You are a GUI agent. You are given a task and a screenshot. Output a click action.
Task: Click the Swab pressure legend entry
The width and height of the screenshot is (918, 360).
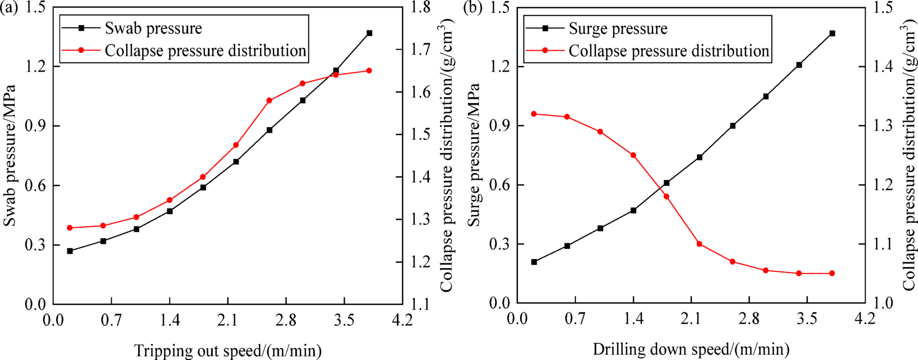(x=153, y=28)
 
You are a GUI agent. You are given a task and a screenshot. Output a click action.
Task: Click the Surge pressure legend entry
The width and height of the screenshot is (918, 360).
(x=618, y=28)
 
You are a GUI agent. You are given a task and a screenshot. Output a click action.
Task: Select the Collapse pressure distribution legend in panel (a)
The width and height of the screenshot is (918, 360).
(x=205, y=51)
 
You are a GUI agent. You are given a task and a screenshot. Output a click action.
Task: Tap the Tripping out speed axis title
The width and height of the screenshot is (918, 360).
(x=228, y=350)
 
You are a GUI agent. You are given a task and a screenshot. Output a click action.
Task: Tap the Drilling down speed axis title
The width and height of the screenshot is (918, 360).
(x=691, y=350)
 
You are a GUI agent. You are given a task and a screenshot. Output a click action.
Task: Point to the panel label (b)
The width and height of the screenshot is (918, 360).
(x=473, y=8)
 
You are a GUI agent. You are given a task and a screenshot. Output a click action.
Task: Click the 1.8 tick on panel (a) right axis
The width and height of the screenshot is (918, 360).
(x=419, y=7)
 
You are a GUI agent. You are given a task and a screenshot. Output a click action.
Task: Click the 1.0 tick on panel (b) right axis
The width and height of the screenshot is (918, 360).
(x=882, y=303)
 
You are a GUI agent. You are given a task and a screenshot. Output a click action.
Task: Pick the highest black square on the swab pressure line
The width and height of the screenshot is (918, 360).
(x=369, y=33)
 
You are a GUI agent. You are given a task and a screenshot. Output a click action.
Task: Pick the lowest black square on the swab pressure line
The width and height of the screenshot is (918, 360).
(x=70, y=251)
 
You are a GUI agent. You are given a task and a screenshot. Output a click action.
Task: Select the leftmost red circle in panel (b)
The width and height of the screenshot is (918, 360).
(x=534, y=114)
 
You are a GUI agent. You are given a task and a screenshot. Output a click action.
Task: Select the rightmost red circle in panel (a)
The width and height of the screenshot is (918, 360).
(x=369, y=71)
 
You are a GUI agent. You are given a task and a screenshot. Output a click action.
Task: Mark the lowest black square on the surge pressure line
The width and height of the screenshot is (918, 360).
(x=534, y=262)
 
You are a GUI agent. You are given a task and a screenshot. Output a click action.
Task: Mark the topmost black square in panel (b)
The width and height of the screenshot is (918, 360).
(x=832, y=34)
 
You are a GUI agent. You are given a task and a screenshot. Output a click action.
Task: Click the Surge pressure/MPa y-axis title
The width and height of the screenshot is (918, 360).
(x=473, y=155)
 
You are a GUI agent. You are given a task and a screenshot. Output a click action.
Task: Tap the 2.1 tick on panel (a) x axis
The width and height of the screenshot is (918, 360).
(x=228, y=320)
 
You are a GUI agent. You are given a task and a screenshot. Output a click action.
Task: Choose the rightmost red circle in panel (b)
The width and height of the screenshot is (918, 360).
(x=832, y=273)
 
